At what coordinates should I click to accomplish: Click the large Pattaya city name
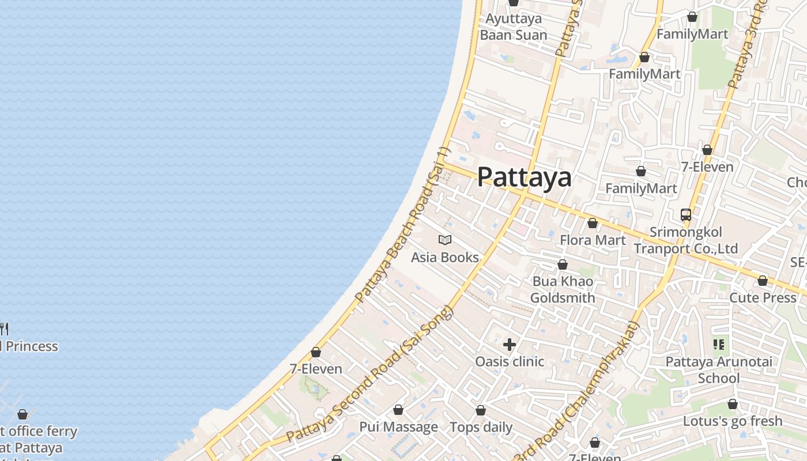[x=525, y=177]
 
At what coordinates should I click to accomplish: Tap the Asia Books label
[x=444, y=257]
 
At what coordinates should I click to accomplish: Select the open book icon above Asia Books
[x=444, y=240]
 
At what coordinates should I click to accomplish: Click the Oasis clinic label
[x=510, y=361]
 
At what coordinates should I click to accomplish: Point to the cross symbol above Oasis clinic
[x=510, y=345]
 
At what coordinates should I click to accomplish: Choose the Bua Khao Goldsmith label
[x=563, y=289]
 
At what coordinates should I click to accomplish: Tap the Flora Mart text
[x=593, y=240]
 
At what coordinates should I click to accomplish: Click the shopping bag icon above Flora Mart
[x=593, y=223]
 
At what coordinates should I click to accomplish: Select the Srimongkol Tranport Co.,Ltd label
[x=686, y=240]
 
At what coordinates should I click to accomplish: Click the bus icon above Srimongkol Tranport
[x=686, y=215]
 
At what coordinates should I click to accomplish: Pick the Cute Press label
[x=763, y=297]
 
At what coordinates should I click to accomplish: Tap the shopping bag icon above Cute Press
[x=763, y=281]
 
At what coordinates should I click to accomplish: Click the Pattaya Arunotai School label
[x=719, y=370]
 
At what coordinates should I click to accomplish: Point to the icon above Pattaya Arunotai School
[x=719, y=345]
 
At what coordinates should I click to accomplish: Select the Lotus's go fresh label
[x=733, y=421]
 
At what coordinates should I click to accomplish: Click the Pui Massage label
[x=398, y=427]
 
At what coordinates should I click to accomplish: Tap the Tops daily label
[x=481, y=427]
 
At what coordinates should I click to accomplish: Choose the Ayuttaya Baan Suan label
[x=514, y=27]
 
